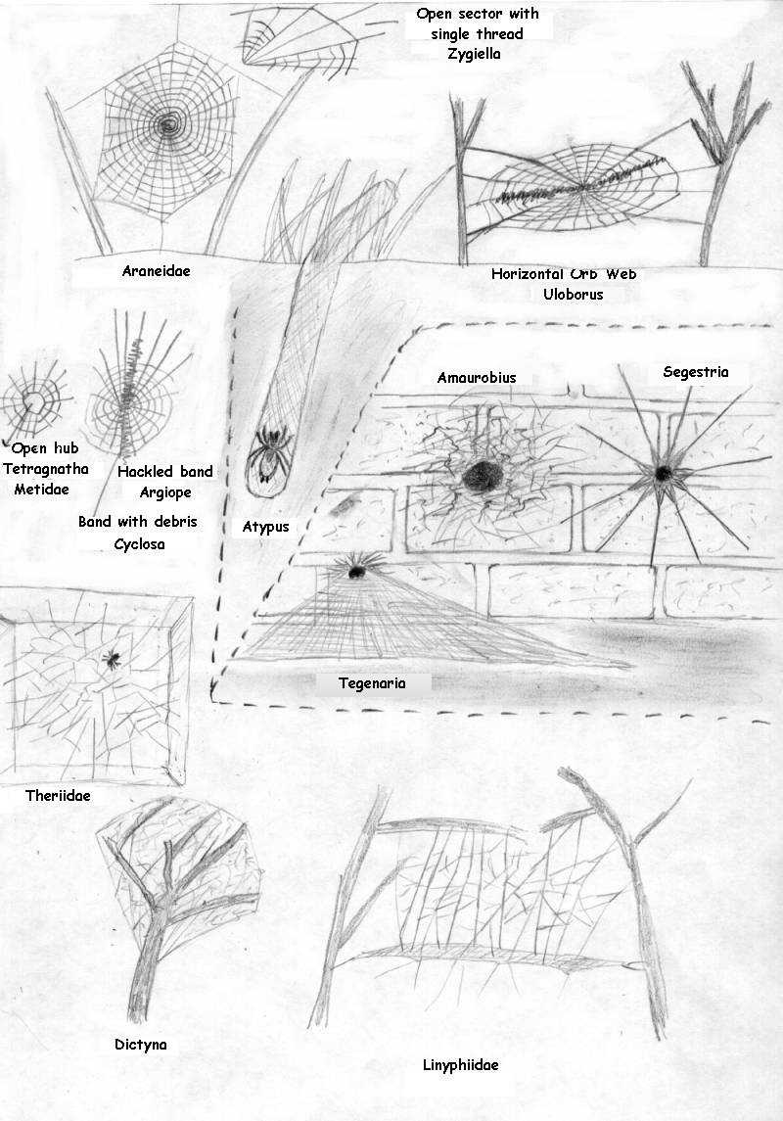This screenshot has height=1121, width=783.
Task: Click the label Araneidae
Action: [x=156, y=271]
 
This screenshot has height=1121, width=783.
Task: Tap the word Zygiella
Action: [x=474, y=54]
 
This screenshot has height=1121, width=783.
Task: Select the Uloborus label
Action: [x=573, y=294]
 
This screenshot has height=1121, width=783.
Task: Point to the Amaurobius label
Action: [x=477, y=378]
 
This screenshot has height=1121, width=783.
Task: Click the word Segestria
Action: [x=696, y=372]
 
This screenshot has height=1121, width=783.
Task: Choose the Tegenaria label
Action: [x=372, y=682]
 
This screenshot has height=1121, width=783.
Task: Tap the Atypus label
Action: [x=266, y=527]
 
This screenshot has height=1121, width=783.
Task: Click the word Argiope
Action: [x=165, y=491]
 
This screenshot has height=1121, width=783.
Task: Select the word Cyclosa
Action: [x=139, y=544]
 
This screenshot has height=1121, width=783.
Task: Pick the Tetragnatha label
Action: [x=46, y=469]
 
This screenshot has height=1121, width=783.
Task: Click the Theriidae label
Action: [x=58, y=795]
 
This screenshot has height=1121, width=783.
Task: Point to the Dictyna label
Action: [x=141, y=1045]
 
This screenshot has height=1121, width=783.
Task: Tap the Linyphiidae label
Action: [x=461, y=1065]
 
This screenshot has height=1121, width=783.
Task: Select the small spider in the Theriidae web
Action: [x=113, y=659]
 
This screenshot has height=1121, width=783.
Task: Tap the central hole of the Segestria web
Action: [x=664, y=473]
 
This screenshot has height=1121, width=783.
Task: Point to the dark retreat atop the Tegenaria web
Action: [x=355, y=570]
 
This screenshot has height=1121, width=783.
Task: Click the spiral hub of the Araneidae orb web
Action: [x=169, y=126]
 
